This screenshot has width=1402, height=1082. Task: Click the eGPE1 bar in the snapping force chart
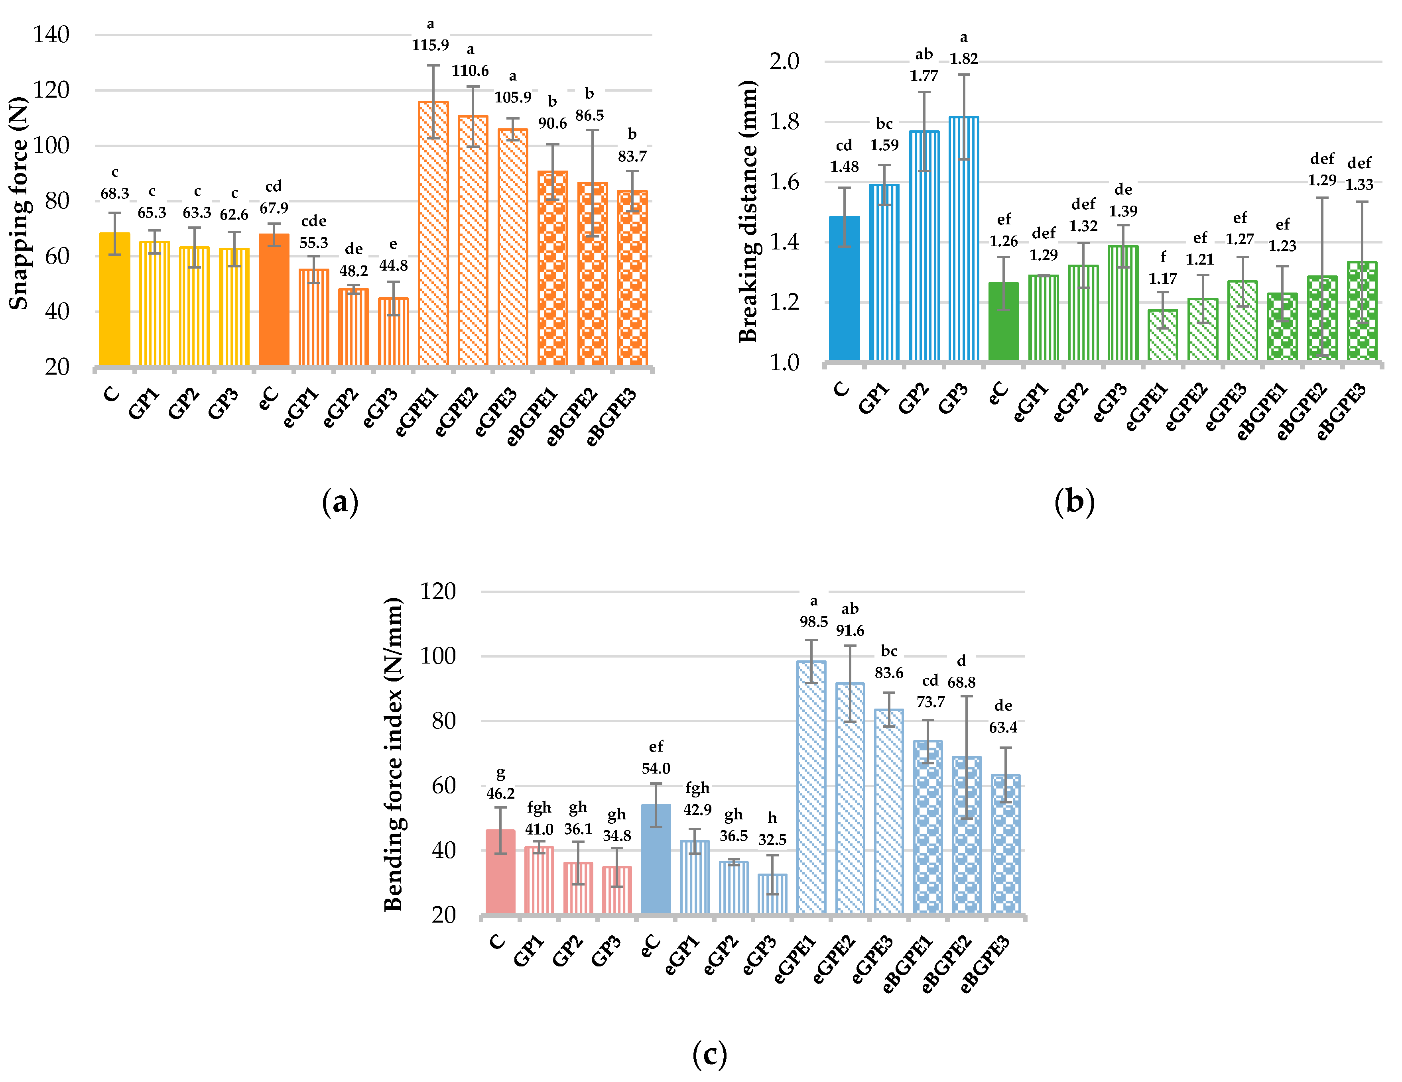(x=433, y=234)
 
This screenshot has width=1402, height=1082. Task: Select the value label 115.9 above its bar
(x=430, y=45)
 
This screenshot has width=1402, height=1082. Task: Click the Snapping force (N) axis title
(x=19, y=203)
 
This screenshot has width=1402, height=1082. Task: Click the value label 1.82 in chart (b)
(x=963, y=59)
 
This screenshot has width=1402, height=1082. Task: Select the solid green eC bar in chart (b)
(x=1003, y=321)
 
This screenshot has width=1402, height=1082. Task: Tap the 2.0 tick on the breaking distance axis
(x=784, y=62)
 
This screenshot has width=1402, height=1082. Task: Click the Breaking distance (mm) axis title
(x=748, y=212)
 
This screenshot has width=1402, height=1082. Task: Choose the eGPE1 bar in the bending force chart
(x=811, y=787)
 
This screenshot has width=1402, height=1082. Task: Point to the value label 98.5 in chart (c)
(x=813, y=622)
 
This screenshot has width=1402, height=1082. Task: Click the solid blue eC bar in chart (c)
(x=656, y=859)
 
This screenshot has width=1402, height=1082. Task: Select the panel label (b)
(x=1074, y=502)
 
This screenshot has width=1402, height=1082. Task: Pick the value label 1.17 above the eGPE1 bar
(x=1163, y=279)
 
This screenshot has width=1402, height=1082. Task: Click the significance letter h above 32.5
(x=772, y=818)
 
